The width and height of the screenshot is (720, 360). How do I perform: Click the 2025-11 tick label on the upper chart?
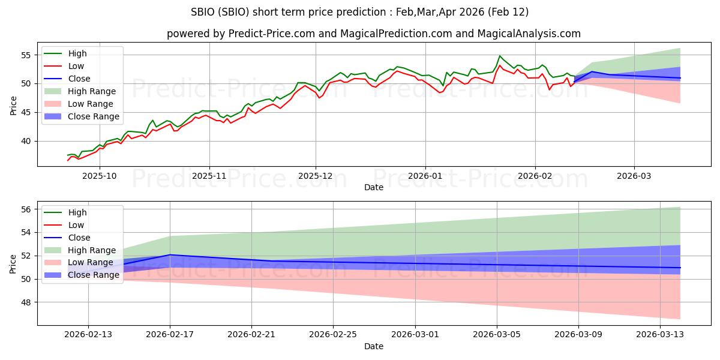pyautogui.click(x=209, y=177)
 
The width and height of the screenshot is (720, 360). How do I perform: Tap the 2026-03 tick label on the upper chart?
pyautogui.click(x=634, y=177)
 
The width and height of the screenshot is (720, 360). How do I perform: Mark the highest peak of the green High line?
pyautogui.click(x=499, y=56)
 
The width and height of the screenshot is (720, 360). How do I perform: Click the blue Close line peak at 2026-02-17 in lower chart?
pyautogui.click(x=170, y=255)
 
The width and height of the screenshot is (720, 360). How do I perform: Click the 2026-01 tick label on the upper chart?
pyautogui.click(x=425, y=177)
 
